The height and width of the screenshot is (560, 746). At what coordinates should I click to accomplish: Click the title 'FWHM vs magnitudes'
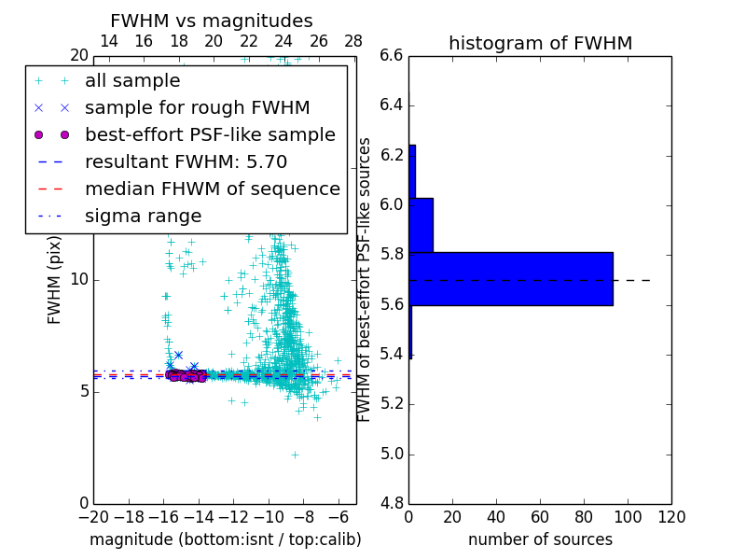(211, 21)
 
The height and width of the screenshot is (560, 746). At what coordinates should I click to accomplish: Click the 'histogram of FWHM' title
(540, 44)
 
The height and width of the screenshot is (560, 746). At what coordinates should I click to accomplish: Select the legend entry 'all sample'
(132, 81)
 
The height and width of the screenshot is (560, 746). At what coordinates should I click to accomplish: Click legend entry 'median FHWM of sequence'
(212, 189)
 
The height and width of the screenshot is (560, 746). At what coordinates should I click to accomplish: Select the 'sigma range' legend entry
(143, 217)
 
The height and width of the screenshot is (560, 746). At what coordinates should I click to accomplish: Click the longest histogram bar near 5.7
(511, 279)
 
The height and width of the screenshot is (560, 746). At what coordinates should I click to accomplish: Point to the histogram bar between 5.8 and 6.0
(421, 225)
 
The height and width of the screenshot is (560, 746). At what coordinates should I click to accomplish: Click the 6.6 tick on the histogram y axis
(392, 55)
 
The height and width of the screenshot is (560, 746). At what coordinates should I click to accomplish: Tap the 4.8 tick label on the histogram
(392, 504)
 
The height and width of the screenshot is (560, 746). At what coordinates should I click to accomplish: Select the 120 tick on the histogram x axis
(671, 517)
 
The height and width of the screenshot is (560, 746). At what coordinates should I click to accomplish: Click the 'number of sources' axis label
(540, 539)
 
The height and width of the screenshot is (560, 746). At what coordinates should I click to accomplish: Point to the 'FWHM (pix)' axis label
(55, 279)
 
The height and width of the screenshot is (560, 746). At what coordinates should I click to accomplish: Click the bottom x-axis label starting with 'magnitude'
(225, 539)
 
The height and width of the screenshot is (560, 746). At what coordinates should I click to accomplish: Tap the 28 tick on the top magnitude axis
(353, 41)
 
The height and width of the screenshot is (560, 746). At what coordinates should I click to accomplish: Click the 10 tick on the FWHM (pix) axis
(79, 280)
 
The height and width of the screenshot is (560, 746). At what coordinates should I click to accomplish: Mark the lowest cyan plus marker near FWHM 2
(295, 455)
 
